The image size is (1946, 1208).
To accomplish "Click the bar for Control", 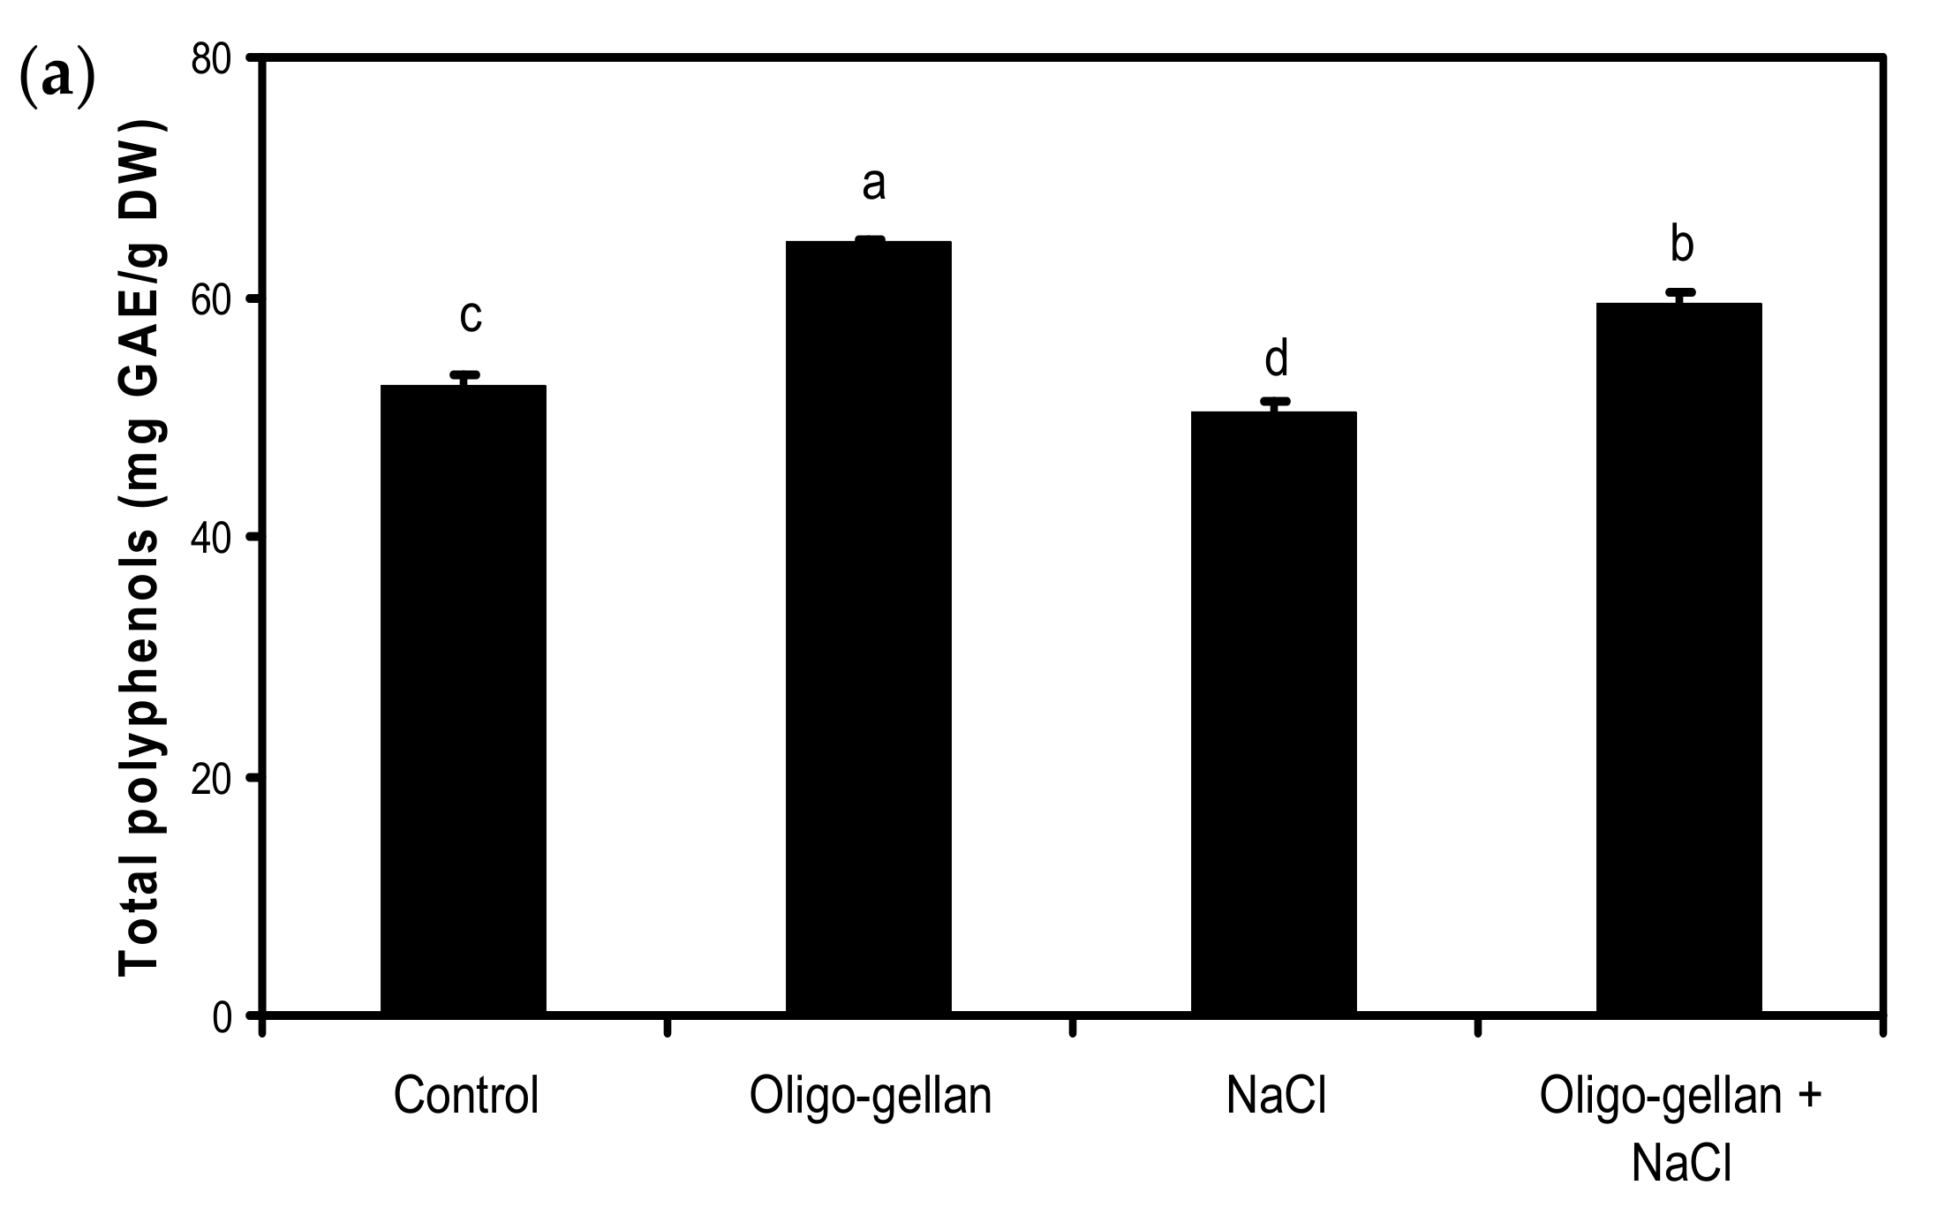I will tap(463, 698).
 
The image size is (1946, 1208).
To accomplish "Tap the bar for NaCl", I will tap(1273, 711).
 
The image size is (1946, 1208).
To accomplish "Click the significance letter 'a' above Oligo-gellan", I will tap(873, 185).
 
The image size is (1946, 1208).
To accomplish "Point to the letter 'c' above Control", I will tap(471, 316).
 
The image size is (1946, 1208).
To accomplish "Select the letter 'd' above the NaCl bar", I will tap(1277, 360).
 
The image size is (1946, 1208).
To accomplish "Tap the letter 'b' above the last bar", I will tap(1682, 245).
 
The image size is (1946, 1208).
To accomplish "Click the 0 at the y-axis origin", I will tap(223, 1017).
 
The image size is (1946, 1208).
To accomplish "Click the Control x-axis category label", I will tap(466, 1096).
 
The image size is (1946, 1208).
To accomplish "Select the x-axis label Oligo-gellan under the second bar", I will tap(871, 1096).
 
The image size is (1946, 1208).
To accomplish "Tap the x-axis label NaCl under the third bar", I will tap(1277, 1096).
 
